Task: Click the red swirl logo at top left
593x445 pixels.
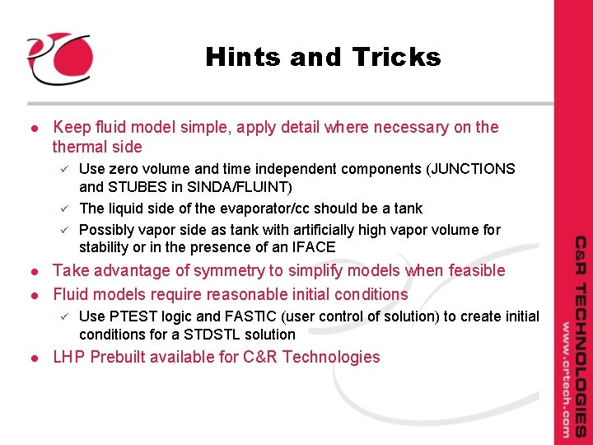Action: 58,59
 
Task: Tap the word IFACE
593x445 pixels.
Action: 312,247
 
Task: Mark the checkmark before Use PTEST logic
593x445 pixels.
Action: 59,316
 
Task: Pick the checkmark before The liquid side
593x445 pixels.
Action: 59,208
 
